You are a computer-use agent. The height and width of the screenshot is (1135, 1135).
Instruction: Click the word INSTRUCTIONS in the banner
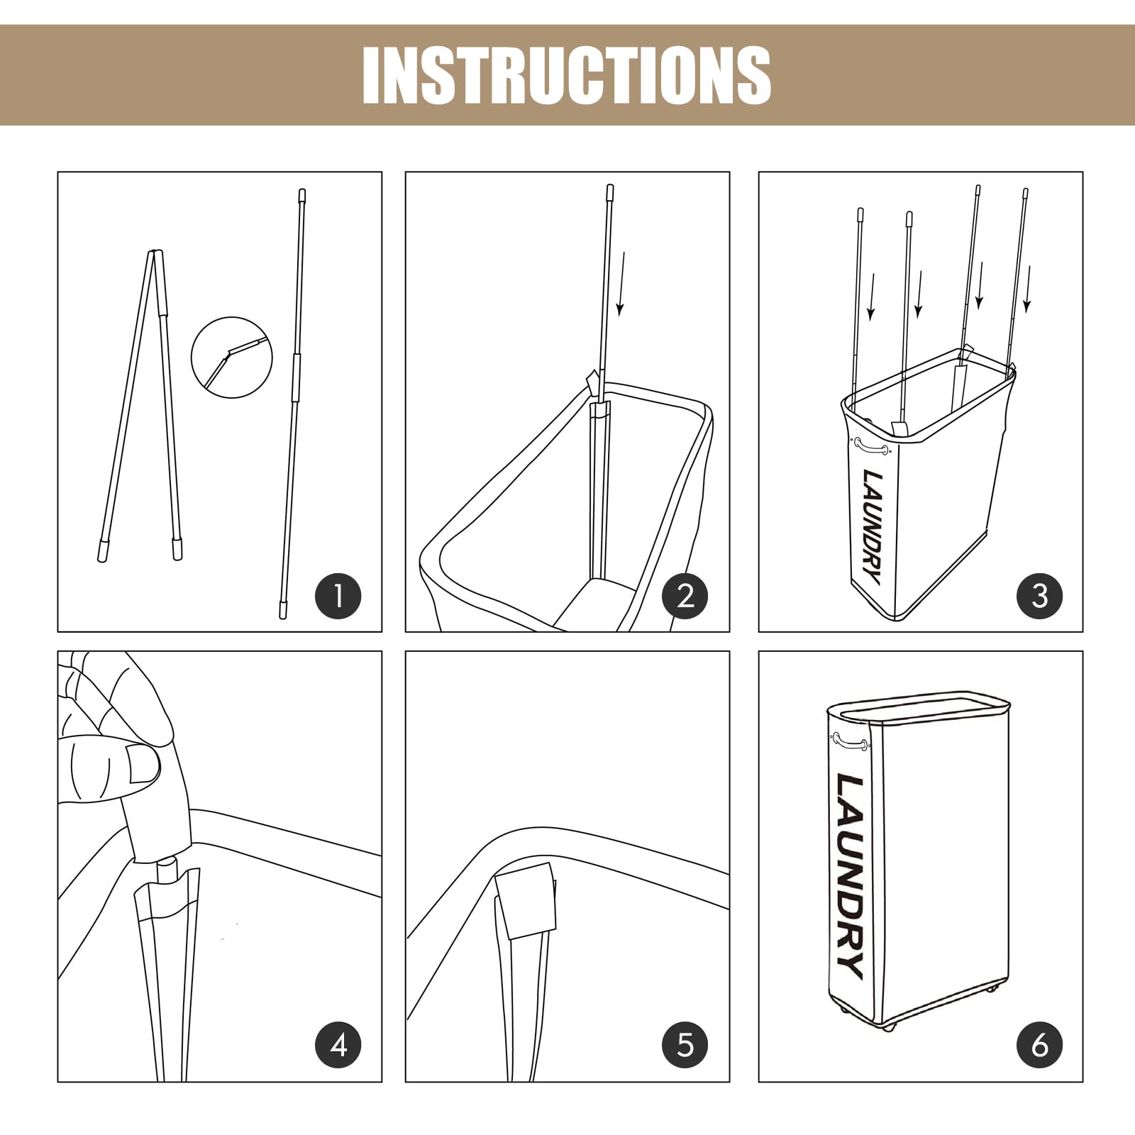coord(567,75)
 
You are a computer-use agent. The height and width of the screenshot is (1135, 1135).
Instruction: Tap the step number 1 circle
coord(338,596)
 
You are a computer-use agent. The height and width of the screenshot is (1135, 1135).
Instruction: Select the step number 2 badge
coord(685,596)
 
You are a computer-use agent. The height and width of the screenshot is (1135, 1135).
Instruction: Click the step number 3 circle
coord(1040,596)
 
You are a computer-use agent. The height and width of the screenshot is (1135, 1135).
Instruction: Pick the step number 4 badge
coord(338,1045)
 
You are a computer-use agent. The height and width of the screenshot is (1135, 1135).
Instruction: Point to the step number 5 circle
coord(685,1045)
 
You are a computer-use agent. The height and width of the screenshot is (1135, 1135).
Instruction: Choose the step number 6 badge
coord(1040,1045)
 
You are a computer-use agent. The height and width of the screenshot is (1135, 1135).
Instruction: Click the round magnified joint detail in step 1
coord(232,358)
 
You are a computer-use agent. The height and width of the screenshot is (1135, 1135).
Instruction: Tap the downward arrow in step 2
coord(621,284)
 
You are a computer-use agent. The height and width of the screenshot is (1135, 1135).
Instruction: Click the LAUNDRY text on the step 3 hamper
coord(873,526)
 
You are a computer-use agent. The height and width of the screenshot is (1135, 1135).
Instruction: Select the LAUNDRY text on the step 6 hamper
coord(851,876)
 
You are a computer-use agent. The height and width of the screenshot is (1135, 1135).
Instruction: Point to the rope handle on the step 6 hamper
coord(850,742)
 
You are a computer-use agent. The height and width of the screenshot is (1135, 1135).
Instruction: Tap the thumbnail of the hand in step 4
coord(143,763)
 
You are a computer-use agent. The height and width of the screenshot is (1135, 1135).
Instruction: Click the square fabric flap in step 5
coord(526,902)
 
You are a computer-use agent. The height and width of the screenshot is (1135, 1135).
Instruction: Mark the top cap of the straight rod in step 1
coord(302,196)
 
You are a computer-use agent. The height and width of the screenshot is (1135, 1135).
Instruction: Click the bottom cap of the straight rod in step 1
coord(283,610)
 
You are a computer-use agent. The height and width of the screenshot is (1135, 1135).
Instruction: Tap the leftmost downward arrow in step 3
coord(871,297)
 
